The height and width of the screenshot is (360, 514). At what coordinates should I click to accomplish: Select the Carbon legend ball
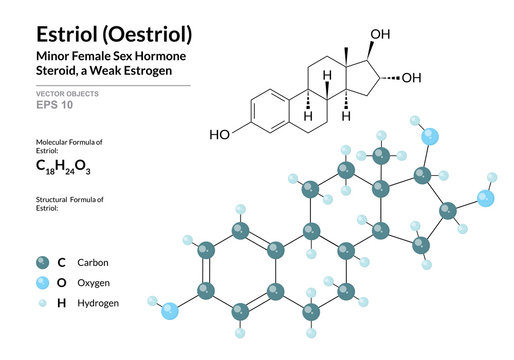[x=41, y=263]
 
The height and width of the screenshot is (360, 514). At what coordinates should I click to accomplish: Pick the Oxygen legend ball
[x=41, y=283]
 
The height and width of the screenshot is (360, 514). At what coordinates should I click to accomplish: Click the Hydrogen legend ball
[x=41, y=302]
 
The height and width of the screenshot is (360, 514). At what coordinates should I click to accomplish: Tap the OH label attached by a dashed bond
[x=411, y=78]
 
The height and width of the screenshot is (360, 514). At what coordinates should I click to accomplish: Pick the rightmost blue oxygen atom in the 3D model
[x=486, y=199]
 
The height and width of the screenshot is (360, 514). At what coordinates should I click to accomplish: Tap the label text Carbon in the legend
[x=91, y=263]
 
